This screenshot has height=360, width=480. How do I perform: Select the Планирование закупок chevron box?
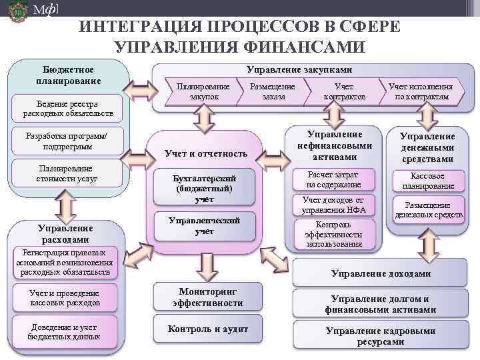(203, 92)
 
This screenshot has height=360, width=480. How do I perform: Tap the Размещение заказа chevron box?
(272, 92)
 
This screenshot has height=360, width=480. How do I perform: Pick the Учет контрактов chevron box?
(344, 92)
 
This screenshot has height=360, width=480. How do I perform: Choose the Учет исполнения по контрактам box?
(421, 92)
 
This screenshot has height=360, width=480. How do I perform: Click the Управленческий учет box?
(204, 226)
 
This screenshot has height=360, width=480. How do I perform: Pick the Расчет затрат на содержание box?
(333, 180)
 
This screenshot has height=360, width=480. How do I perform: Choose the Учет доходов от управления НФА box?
(333, 205)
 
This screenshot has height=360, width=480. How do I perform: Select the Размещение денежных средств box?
(428, 209)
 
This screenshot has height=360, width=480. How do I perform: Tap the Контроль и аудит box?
(207, 329)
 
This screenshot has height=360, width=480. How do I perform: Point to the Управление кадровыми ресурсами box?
(380, 335)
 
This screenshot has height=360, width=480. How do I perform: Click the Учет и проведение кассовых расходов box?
(64, 298)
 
